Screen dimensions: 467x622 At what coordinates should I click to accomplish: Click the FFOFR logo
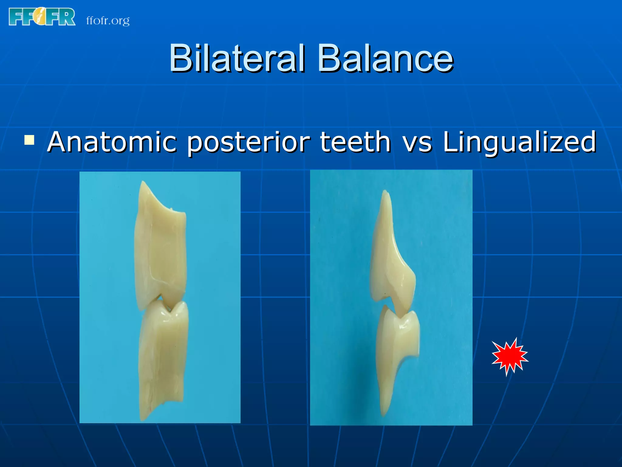click(42, 17)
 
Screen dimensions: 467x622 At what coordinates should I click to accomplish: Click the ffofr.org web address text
click(108, 21)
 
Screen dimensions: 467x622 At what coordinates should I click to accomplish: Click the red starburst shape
click(510, 357)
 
